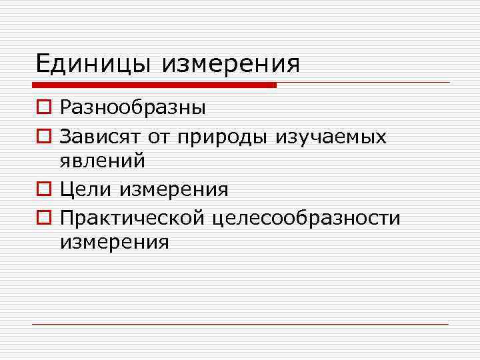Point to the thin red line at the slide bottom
click(240, 325)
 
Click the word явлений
click(103, 161)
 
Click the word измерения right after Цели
click(174, 190)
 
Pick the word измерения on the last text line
click(115, 242)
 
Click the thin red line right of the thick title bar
click(363, 83)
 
